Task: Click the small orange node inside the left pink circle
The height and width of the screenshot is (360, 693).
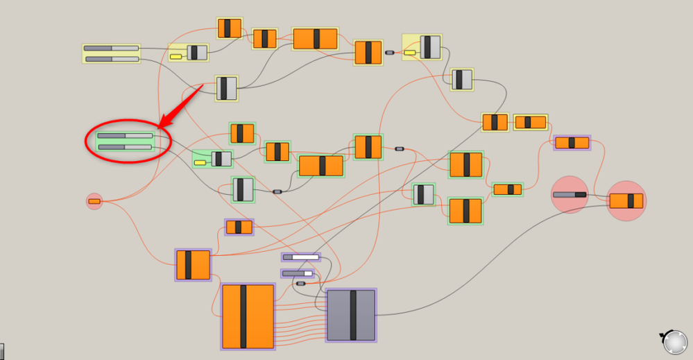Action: click(94, 201)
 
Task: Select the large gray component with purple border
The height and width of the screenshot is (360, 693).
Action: click(352, 315)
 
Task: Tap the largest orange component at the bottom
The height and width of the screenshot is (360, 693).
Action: click(248, 316)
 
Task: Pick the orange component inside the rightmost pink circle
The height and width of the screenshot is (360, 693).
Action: click(626, 201)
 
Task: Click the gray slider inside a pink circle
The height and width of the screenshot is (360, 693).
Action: click(570, 195)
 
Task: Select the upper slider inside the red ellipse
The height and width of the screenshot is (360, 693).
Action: click(126, 136)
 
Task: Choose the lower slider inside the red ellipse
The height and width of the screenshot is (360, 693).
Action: click(126, 147)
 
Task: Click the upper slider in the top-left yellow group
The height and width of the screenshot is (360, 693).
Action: click(111, 49)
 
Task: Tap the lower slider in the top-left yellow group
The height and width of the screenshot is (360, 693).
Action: click(111, 60)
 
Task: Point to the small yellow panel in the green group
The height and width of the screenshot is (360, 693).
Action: click(200, 162)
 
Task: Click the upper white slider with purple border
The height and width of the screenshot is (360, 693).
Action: click(301, 257)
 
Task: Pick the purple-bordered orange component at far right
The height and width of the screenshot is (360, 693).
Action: click(572, 143)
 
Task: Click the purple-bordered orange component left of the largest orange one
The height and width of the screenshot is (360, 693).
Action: click(193, 265)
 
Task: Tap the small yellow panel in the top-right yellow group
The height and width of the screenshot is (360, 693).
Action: click(410, 53)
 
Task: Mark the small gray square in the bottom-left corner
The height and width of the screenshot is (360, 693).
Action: click(2, 352)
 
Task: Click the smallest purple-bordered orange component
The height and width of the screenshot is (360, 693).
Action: click(239, 227)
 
